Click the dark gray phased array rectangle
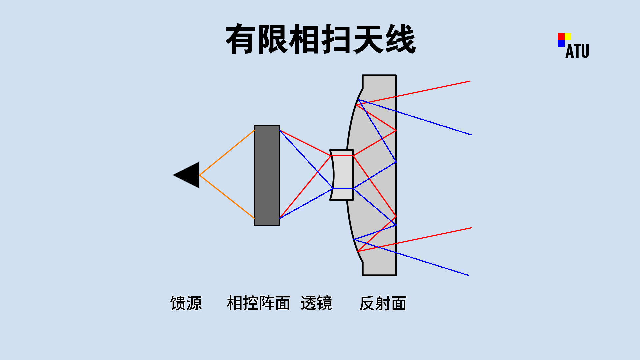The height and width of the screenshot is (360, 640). [267, 175]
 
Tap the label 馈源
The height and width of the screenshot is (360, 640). [186, 303]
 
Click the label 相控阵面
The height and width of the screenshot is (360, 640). [258, 303]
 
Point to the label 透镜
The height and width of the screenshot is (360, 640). [316, 303]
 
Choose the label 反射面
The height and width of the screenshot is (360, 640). [383, 303]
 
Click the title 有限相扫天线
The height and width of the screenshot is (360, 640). [320, 39]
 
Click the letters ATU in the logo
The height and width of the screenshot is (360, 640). [577, 51]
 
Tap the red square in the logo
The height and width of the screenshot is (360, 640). [561, 36]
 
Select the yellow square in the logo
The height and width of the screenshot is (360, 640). [568, 36]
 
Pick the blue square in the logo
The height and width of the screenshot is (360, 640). [561, 43]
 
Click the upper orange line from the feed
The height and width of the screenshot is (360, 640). [227, 153]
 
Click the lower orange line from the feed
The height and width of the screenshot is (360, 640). [227, 196]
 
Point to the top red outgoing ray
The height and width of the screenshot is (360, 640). [433, 89]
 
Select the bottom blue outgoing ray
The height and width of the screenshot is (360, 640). [433, 264]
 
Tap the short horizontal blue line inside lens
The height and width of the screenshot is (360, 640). [343, 189]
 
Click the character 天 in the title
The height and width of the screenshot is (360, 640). [368, 39]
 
